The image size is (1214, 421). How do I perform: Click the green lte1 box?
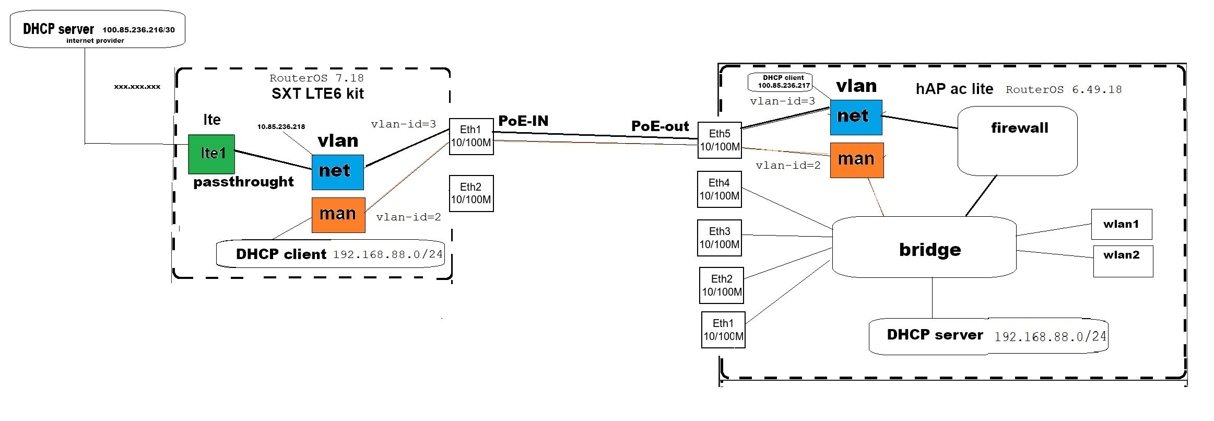(x=211, y=154)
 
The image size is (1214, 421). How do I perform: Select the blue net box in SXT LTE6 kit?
(x=337, y=172)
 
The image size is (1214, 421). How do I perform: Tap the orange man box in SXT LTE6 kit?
(x=338, y=215)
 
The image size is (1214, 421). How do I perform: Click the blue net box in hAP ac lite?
(x=856, y=117)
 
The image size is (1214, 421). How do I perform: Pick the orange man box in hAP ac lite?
(x=856, y=160)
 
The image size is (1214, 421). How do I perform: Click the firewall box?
(x=1017, y=141)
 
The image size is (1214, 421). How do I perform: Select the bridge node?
(x=924, y=248)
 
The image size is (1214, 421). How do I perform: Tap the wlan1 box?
(x=1121, y=224)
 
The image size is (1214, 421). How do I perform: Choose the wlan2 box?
(x=1123, y=261)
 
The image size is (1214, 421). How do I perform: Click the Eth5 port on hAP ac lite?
(x=720, y=140)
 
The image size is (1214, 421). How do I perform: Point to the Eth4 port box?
(x=719, y=189)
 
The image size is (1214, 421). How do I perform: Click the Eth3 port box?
(x=719, y=238)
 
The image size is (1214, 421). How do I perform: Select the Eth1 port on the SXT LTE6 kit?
(x=471, y=136)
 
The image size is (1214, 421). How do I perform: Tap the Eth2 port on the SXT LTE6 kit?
(x=471, y=193)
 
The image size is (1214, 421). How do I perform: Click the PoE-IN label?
(x=523, y=121)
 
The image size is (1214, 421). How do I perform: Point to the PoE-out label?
(x=660, y=126)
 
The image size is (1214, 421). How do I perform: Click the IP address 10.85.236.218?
(x=281, y=127)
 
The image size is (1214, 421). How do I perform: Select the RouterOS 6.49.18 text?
(x=1064, y=90)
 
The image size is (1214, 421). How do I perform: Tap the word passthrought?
(x=243, y=182)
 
